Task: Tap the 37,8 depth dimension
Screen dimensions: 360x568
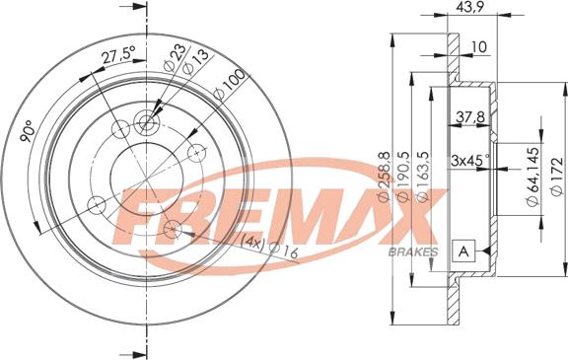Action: point(470,116)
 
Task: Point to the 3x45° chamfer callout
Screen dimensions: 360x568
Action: point(470,160)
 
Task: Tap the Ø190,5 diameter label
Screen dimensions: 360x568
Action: point(405,178)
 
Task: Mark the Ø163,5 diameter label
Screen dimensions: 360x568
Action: point(423,178)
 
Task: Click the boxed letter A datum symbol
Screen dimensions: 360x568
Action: point(461,252)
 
